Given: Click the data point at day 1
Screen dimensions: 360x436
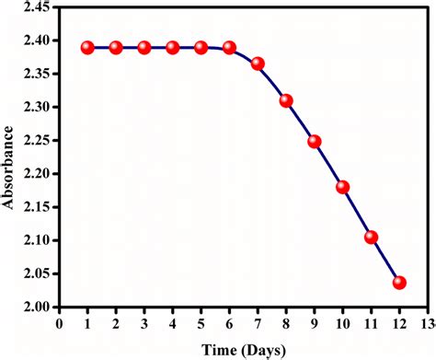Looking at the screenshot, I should pyautogui.click(x=87, y=47).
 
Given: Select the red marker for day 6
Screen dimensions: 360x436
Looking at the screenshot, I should pyautogui.click(x=229, y=47).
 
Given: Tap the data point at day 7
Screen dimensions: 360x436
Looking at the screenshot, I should pyautogui.click(x=258, y=64).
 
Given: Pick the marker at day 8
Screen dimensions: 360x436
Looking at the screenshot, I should pyautogui.click(x=286, y=100).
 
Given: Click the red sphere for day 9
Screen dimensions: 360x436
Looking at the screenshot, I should pyautogui.click(x=315, y=141).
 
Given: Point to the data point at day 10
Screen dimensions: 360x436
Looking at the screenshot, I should pyautogui.click(x=343, y=187).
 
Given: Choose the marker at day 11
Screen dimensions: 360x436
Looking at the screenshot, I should pyautogui.click(x=372, y=237).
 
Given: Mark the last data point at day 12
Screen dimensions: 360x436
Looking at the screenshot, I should pyautogui.click(x=399, y=282).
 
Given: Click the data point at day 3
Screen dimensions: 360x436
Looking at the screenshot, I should pyautogui.click(x=144, y=47).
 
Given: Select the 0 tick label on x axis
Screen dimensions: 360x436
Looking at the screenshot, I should pyautogui.click(x=59, y=323).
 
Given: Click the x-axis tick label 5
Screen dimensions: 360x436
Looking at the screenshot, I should pyautogui.click(x=201, y=323).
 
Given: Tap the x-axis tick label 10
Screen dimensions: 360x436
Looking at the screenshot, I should pyautogui.click(x=343, y=323).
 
